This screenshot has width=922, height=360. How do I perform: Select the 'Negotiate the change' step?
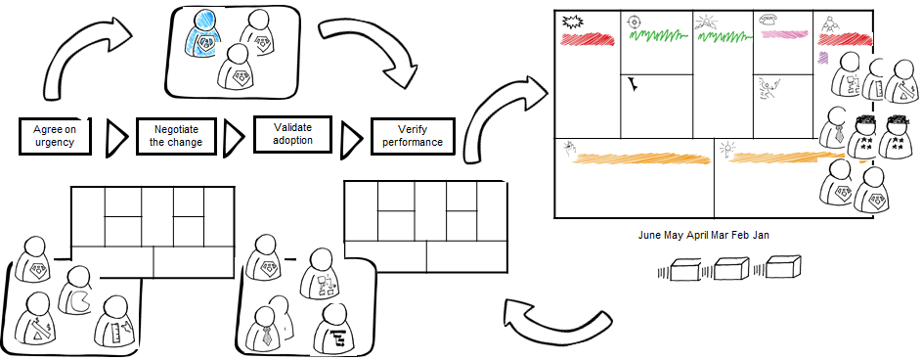[170, 137]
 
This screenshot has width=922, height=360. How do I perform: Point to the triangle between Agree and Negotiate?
[115, 138]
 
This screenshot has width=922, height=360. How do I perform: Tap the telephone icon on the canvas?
[769, 18]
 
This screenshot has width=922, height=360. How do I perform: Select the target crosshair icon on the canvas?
[637, 20]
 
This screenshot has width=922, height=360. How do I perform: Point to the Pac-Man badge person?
[76, 292]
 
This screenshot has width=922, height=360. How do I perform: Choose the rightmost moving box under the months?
[783, 269]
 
